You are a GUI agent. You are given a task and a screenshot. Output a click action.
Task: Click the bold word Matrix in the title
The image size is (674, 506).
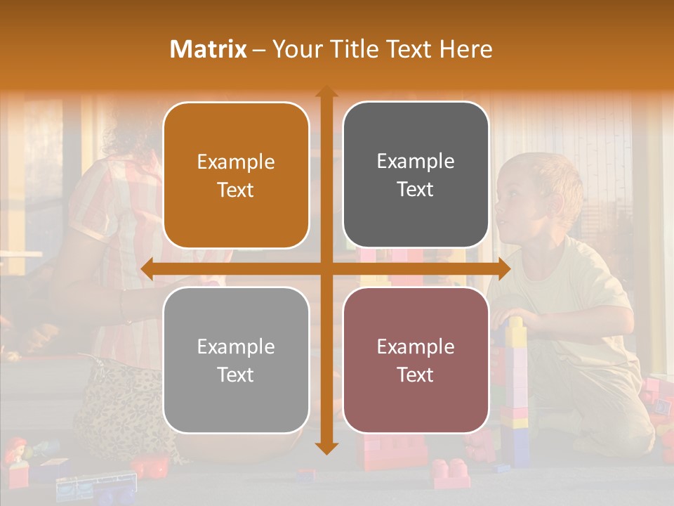point(209,49)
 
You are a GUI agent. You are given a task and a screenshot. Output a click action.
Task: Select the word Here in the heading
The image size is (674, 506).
point(465,49)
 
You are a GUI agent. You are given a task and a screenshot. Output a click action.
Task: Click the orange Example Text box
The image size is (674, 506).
point(236,176)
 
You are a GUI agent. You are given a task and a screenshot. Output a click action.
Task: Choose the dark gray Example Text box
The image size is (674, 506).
point(416,175)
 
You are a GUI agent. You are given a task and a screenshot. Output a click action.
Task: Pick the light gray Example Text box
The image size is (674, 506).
point(236,361)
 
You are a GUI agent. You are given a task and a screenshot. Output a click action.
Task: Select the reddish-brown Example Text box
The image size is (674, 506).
point(416,361)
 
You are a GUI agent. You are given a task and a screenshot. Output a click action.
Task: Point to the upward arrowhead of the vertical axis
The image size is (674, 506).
point(326,92)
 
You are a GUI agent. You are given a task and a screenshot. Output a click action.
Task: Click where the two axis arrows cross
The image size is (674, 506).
point(326,268)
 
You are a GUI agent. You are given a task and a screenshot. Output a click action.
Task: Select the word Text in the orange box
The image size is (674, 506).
point(236,190)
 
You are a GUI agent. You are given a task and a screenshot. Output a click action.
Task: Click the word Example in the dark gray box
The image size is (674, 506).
point(416,161)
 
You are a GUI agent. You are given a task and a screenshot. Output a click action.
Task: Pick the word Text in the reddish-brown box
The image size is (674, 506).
point(416,375)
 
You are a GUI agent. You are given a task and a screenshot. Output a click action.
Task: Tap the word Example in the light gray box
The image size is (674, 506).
point(236,346)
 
